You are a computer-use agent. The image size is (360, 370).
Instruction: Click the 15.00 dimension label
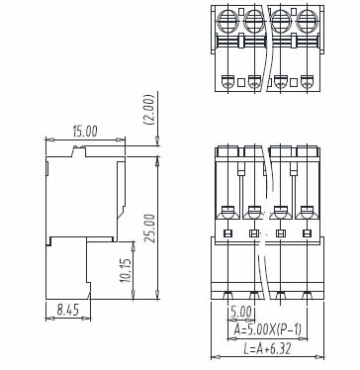(85, 132)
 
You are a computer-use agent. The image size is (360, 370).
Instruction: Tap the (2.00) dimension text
(148, 110)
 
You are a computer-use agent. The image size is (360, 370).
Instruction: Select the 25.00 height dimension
(149, 229)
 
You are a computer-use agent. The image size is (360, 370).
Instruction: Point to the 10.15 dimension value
(126, 270)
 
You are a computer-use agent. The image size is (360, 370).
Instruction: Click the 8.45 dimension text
(68, 310)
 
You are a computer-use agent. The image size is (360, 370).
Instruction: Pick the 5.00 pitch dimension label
(241, 312)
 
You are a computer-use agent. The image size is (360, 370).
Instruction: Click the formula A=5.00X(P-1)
(267, 329)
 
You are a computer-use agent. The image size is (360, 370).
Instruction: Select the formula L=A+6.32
(267, 348)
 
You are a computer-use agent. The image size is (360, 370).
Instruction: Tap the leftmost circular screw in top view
(227, 21)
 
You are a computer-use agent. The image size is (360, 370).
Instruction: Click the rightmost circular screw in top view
(307, 21)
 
